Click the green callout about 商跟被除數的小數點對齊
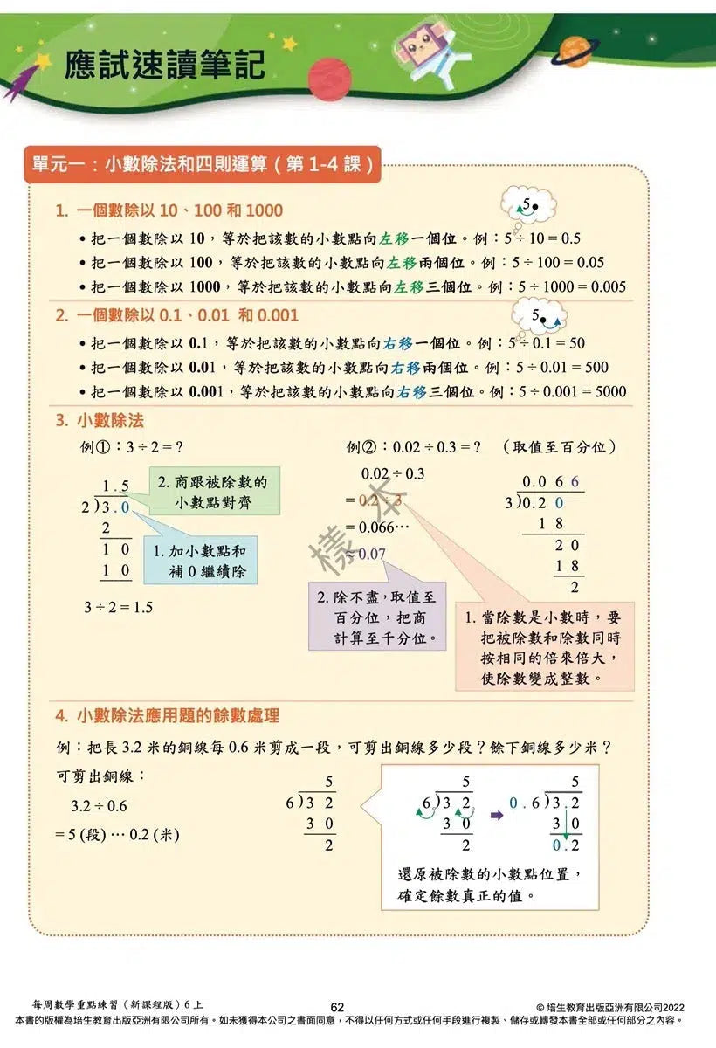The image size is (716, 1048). [212, 492]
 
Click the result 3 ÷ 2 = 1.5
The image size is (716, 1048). [118, 607]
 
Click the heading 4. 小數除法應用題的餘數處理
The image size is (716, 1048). [167, 716]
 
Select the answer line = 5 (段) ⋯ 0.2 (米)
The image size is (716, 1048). [118, 834]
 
